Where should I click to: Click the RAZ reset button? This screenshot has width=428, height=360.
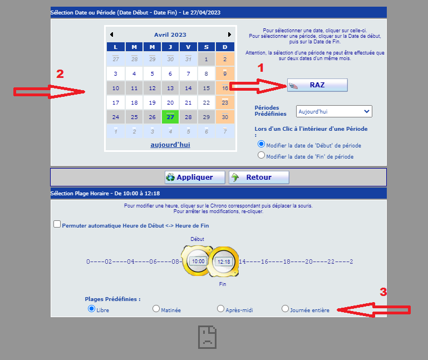(x=317, y=85)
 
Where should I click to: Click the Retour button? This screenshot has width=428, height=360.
(x=259, y=177)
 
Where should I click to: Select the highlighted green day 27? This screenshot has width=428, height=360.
(x=170, y=117)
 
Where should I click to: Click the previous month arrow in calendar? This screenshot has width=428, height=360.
(x=111, y=34)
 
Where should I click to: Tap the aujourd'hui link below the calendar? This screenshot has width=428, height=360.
(x=170, y=145)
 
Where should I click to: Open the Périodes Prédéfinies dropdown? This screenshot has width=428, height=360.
(x=334, y=111)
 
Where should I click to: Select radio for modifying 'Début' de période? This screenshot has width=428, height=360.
(x=262, y=144)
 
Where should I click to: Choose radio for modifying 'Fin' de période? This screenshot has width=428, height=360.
(x=262, y=156)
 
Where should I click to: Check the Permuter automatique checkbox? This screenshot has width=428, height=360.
(x=57, y=224)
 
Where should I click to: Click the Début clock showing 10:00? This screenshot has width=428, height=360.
(x=197, y=260)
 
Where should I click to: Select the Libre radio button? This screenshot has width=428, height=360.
(x=91, y=309)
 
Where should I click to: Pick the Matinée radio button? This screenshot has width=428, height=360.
(x=156, y=309)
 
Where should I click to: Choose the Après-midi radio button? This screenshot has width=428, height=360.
(x=221, y=308)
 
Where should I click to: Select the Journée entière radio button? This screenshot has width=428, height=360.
(x=286, y=308)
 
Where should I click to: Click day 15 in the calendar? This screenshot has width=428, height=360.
(x=206, y=88)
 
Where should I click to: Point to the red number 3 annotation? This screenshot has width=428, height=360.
(x=383, y=292)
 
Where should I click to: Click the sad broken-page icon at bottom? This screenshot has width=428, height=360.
(x=207, y=337)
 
